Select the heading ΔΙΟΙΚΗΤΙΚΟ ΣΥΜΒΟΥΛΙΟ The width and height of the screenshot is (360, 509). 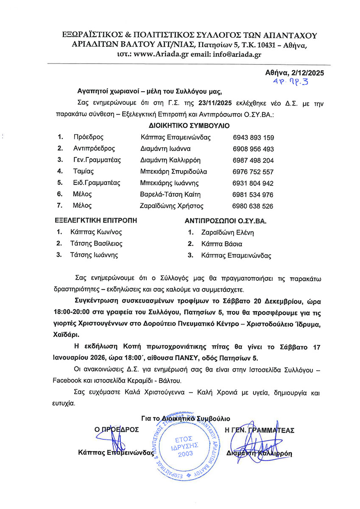pos(189,126)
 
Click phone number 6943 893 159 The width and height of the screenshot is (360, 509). pos(254,137)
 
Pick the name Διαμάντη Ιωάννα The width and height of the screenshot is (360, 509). pos(165,149)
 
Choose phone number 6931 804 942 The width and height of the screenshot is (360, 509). pos(253,183)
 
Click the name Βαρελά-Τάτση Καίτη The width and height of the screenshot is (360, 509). pos(170,195)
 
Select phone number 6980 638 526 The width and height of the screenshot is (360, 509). pos(253,206)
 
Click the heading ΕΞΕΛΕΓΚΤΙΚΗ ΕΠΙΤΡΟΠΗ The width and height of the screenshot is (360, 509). pos(96,221)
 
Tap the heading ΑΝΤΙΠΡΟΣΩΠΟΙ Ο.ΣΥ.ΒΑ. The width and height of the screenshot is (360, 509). pos(227,221)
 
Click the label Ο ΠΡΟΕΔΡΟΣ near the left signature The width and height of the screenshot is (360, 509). pos(117,429)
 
